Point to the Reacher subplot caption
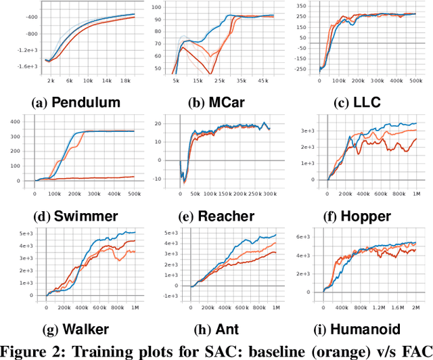[x=226, y=217]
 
